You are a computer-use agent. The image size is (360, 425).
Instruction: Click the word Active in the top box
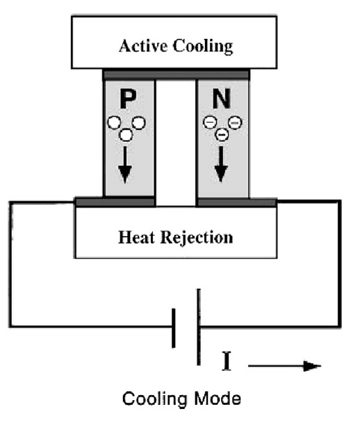[143, 46]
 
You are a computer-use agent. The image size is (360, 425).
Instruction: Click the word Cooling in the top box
[203, 47]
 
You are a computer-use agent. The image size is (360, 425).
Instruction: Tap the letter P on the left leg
[127, 99]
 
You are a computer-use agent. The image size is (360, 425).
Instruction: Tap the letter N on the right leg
[222, 99]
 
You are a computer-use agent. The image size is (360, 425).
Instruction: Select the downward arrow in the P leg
[125, 165]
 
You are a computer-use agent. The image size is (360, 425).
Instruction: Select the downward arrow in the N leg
[221, 164]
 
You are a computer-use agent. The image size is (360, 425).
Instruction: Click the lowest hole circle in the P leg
[126, 135]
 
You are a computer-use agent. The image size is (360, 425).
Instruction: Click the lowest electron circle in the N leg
[222, 134]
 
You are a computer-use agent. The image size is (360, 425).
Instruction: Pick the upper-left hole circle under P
[114, 123]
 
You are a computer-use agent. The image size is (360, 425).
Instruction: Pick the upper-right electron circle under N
[235, 123]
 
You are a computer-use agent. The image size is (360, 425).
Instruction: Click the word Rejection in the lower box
[197, 237]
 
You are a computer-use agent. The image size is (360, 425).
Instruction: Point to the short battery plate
[174, 328]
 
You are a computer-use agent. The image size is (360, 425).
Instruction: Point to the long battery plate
[199, 327]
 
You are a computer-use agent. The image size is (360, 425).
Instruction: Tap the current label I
[227, 361]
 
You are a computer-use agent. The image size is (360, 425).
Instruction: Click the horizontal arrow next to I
[284, 366]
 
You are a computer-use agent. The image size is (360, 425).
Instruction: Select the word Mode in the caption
[218, 399]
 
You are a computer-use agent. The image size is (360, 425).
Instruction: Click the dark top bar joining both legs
[177, 74]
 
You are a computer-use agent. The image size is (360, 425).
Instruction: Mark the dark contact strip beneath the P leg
[115, 202]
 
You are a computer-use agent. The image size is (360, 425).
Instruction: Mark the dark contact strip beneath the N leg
[236, 202]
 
